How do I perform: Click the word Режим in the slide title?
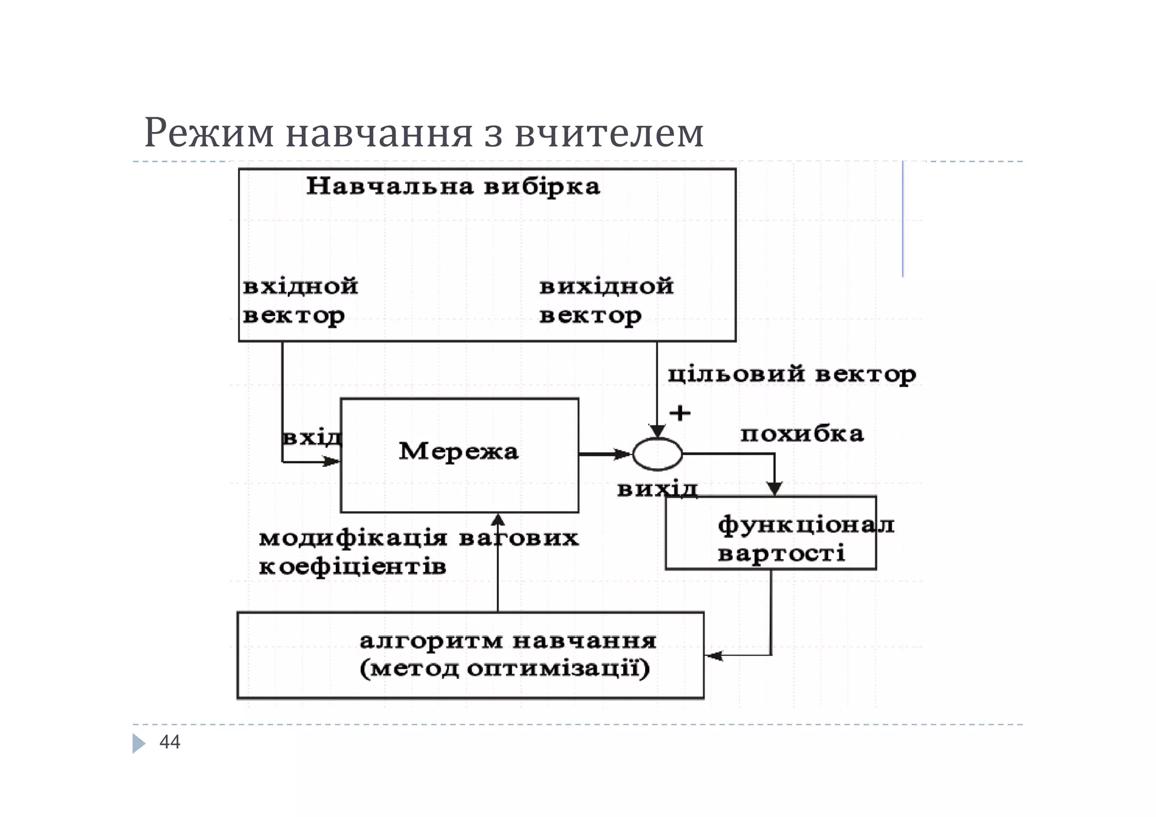click(x=209, y=133)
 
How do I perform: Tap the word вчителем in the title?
click(x=609, y=133)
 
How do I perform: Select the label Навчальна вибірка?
click(x=453, y=186)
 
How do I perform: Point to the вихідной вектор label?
click(x=606, y=301)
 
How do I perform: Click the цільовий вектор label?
click(x=791, y=374)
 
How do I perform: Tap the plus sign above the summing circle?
click(x=680, y=413)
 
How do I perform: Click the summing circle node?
click(x=657, y=454)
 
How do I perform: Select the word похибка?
click(x=802, y=434)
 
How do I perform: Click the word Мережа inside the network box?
click(x=458, y=451)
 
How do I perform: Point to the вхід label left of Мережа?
click(x=312, y=438)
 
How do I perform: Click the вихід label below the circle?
click(x=657, y=489)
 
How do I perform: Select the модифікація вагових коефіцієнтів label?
click(x=418, y=552)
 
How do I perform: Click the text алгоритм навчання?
click(x=507, y=641)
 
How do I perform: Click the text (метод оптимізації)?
click(x=505, y=669)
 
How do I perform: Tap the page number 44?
click(x=170, y=742)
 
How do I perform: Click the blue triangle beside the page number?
click(x=138, y=743)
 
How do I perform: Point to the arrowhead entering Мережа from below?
click(x=498, y=519)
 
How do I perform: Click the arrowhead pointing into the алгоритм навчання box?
click(x=713, y=656)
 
